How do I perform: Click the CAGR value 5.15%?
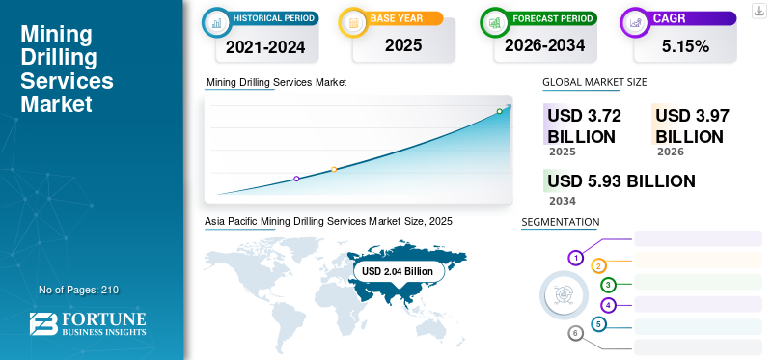point(685,45)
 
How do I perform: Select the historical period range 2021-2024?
point(265,45)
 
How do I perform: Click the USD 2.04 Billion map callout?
point(398,271)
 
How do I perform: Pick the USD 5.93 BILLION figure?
point(620,180)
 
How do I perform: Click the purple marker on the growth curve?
point(296,179)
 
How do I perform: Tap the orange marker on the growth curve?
point(334,170)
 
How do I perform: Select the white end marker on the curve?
point(500,112)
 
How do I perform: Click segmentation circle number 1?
point(575,258)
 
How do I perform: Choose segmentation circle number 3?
point(608,285)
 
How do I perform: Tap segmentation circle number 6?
point(575,333)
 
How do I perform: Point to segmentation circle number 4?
point(608,305)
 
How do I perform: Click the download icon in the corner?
point(758,11)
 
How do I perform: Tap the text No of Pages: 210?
point(78,290)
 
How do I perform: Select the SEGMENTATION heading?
point(560,222)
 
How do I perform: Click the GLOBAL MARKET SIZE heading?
point(594,82)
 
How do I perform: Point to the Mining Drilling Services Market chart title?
point(276,82)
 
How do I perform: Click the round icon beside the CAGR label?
point(637,20)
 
